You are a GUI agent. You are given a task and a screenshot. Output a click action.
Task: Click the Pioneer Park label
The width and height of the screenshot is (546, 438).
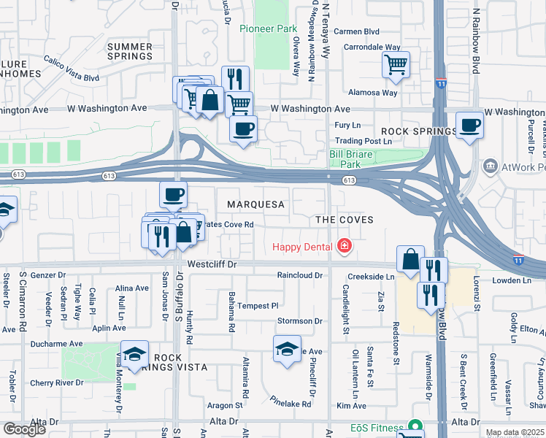click(269, 29)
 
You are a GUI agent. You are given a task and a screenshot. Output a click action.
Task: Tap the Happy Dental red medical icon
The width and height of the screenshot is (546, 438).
click(344, 247)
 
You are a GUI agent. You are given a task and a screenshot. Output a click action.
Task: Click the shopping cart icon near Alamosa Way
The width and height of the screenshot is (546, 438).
click(396, 64)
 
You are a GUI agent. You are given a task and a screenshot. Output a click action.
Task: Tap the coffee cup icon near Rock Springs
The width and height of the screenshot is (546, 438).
click(469, 124)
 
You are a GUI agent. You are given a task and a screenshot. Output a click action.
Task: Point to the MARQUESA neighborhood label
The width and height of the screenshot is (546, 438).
click(255, 205)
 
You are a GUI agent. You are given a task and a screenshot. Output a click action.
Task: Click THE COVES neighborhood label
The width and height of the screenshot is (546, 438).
click(344, 220)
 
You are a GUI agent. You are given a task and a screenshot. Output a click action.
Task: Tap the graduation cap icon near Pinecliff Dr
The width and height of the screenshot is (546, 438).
click(287, 349)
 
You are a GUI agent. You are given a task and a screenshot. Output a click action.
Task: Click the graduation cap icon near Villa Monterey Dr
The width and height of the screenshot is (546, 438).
click(134, 354)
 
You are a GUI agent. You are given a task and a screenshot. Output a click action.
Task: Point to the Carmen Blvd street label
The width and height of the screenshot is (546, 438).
click(356, 32)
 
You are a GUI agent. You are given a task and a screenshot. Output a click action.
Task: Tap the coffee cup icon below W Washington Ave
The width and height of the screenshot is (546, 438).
click(243, 128)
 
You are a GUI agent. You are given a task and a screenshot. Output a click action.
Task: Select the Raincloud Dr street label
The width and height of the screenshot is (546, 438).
click(299, 275)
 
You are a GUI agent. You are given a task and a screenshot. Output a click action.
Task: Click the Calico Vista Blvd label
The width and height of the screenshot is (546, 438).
click(71, 68)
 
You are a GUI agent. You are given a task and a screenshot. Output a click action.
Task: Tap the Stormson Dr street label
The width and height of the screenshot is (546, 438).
click(299, 321)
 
